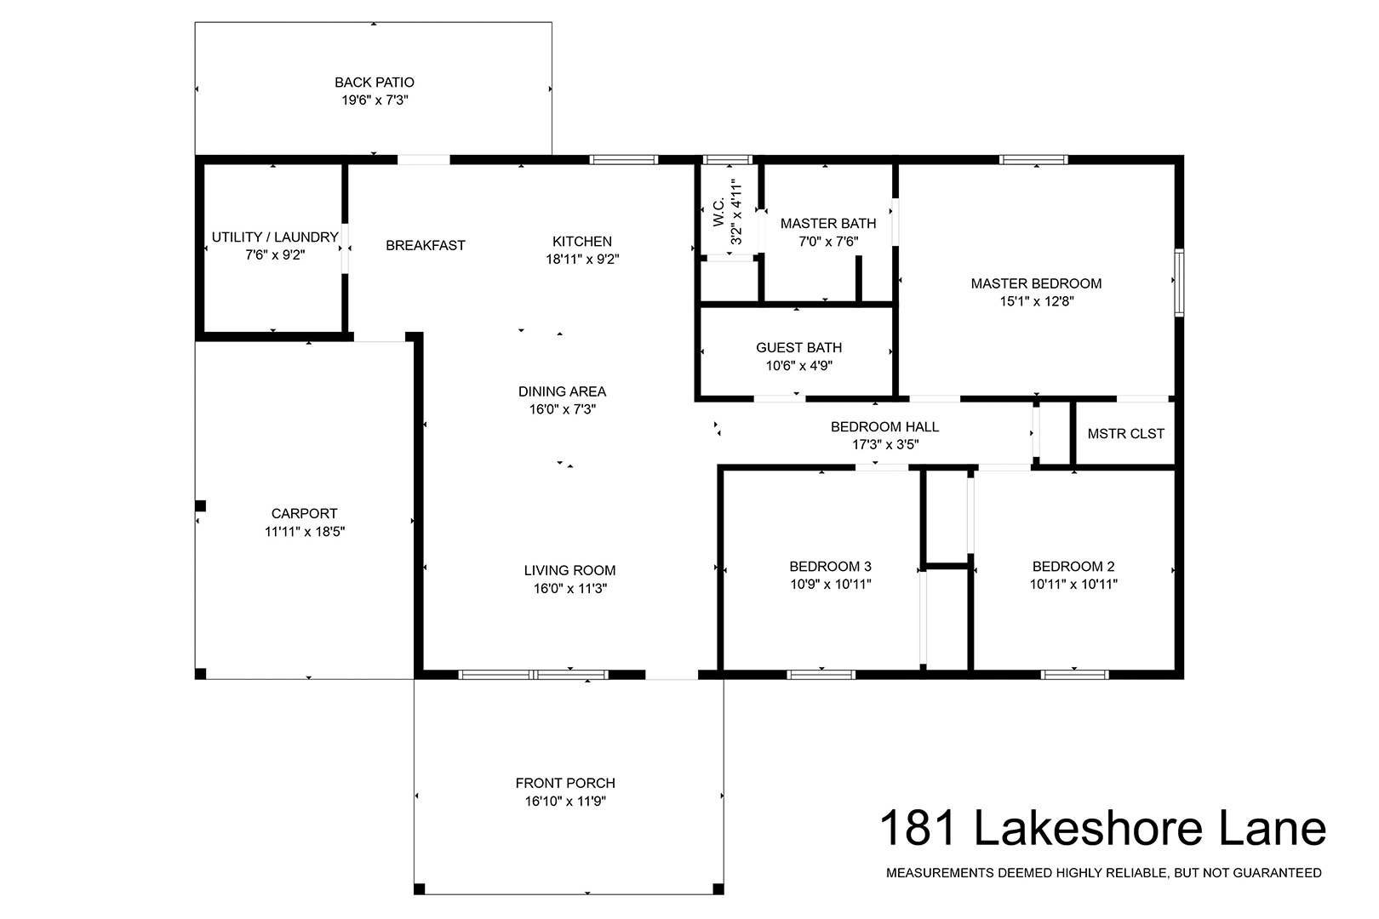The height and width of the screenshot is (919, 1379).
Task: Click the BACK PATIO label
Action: pyautogui.click(x=375, y=83)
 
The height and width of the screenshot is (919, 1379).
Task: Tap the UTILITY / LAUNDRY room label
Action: pyautogui.click(x=275, y=237)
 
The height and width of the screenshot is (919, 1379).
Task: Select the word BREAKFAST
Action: pyautogui.click(x=426, y=246)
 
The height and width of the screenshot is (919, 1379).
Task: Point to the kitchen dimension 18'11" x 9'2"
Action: pyautogui.click(x=582, y=260)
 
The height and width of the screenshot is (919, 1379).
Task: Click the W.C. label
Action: pyautogui.click(x=718, y=213)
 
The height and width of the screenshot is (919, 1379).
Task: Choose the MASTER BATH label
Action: pyautogui.click(x=828, y=224)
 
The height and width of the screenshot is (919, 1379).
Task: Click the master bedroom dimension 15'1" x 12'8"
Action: pyautogui.click(x=1037, y=301)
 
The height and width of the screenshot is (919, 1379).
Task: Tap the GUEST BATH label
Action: pyautogui.click(x=799, y=348)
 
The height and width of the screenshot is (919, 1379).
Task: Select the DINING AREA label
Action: pyautogui.click(x=562, y=391)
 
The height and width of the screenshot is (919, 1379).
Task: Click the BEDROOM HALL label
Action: pyautogui.click(x=884, y=426)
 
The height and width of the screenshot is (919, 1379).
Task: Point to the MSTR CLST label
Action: pyautogui.click(x=1126, y=434)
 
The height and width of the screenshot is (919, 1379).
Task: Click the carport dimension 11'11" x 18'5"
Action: pyautogui.click(x=305, y=532)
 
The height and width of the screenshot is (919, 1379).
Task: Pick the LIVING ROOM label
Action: pyautogui.click(x=569, y=571)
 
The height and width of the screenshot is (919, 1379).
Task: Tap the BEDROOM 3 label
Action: pyautogui.click(x=831, y=567)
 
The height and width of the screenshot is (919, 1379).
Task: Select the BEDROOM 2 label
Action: pyautogui.click(x=1073, y=567)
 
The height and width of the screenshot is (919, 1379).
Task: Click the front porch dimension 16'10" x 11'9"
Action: pyautogui.click(x=565, y=802)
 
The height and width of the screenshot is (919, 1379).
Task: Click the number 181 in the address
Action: pyautogui.click(x=918, y=829)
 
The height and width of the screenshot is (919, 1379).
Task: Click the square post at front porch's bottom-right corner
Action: pyautogui.click(x=718, y=889)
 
